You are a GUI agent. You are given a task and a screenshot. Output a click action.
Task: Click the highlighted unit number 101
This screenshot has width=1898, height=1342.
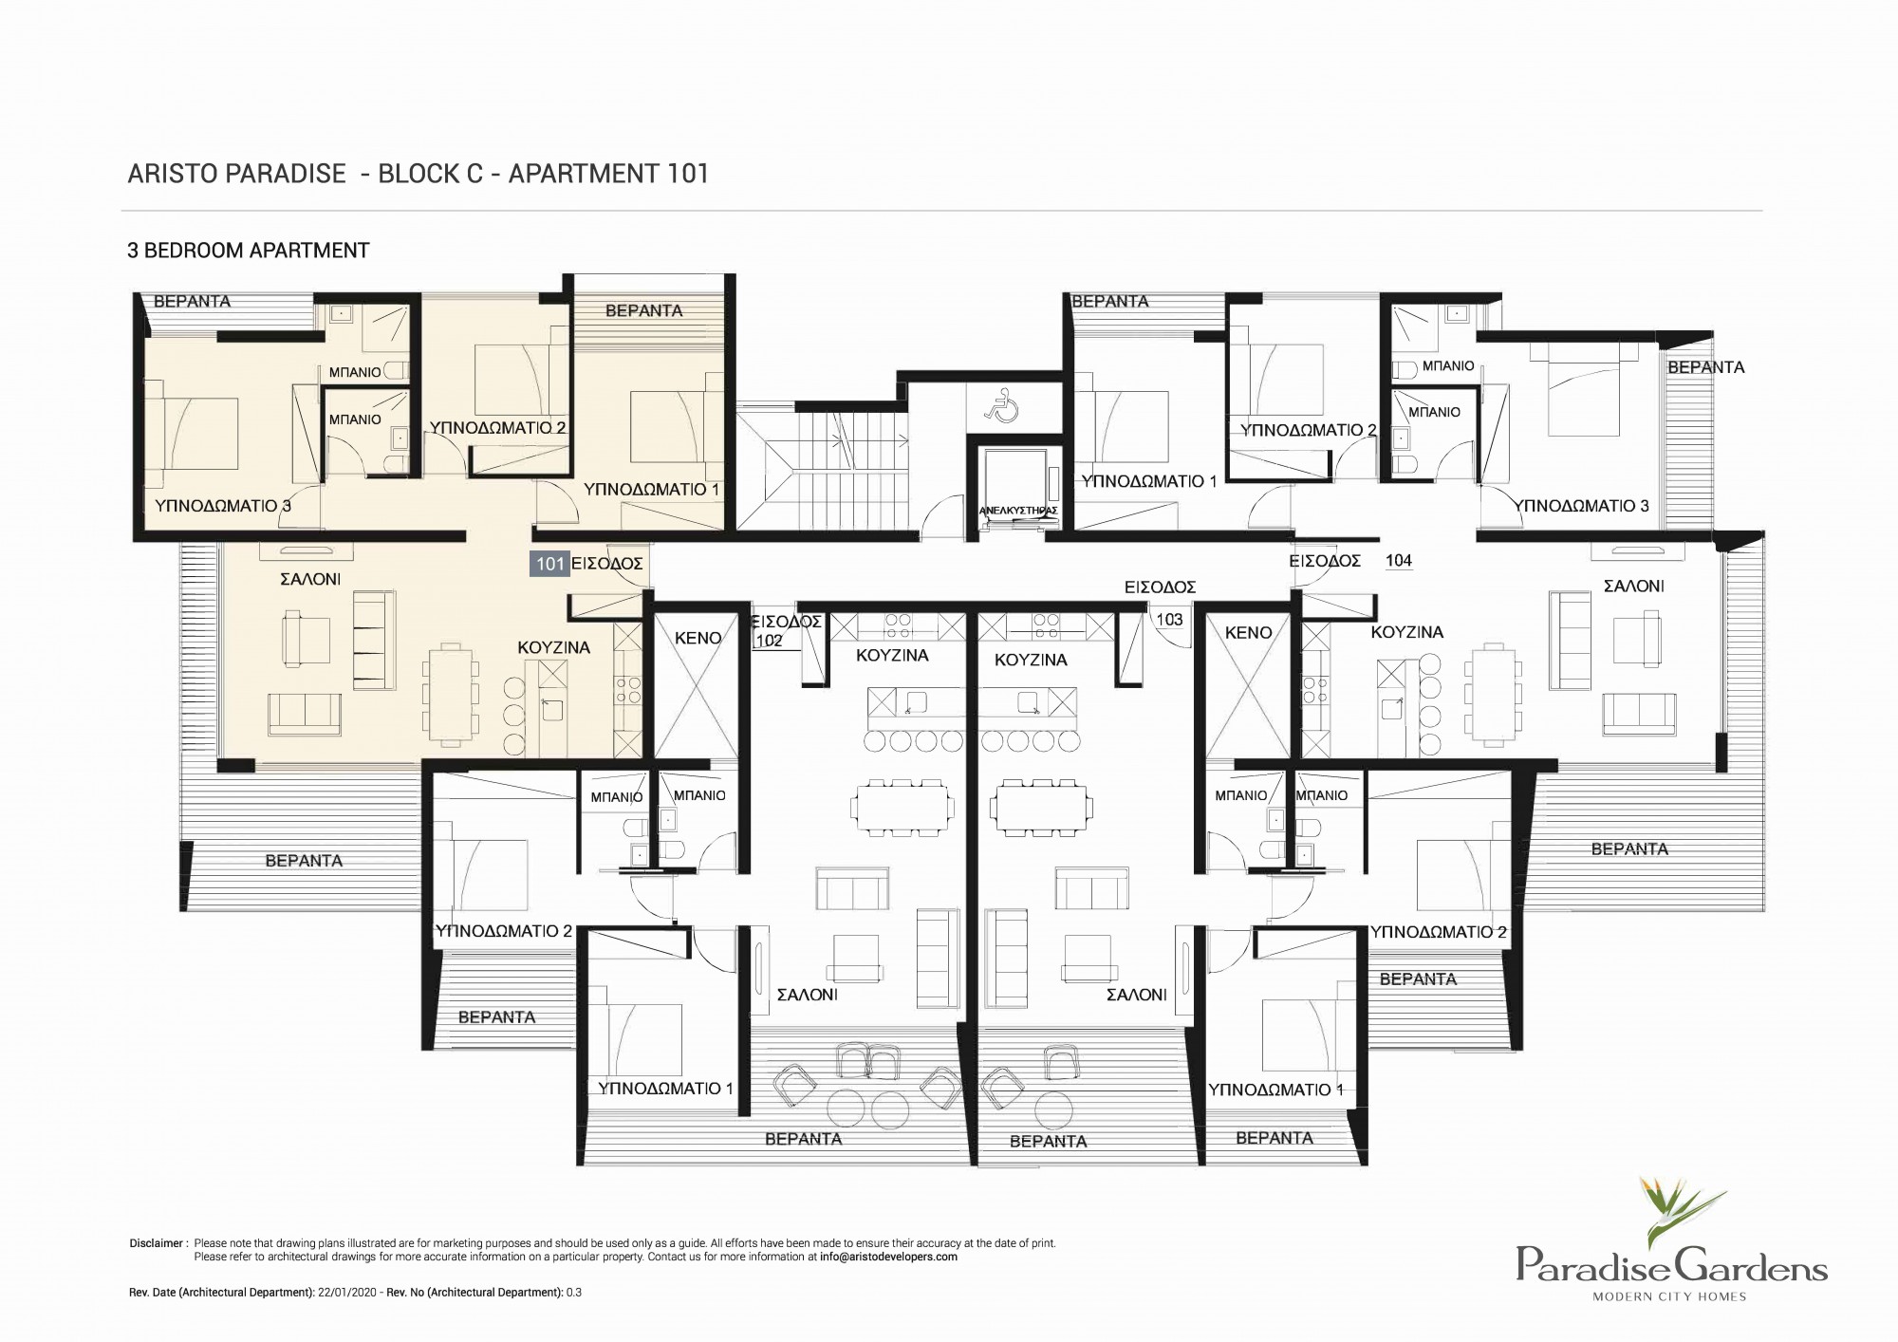550,564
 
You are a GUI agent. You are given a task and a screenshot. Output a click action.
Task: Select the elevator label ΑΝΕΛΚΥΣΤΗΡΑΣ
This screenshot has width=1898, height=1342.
1017,511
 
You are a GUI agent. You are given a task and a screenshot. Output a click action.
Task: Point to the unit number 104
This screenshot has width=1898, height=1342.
1399,561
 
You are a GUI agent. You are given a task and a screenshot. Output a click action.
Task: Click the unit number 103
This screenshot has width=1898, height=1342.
1169,620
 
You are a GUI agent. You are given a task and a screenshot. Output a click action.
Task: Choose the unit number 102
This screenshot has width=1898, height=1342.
770,641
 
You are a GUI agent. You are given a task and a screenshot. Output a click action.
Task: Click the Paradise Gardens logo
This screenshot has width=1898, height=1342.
1671,1239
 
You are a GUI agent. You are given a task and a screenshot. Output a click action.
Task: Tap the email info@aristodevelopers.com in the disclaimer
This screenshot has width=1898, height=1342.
889,1257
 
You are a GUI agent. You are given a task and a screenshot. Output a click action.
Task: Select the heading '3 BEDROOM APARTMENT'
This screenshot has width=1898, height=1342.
249,251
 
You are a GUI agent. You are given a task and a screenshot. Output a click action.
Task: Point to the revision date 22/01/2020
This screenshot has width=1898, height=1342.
355,1293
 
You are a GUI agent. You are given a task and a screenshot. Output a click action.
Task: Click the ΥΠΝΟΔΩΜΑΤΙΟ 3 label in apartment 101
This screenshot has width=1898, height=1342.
223,506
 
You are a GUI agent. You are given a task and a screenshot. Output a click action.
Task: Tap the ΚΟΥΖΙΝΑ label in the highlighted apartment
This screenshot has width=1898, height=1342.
553,647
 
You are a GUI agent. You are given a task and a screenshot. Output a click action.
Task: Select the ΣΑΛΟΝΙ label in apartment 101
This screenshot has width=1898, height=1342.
310,579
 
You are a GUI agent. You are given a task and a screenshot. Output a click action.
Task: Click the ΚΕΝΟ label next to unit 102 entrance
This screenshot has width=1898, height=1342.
698,639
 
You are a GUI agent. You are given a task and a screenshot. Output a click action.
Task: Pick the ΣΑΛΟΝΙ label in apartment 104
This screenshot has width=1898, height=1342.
1634,587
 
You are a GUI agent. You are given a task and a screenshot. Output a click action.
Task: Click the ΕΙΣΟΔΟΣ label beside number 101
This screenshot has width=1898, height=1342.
607,564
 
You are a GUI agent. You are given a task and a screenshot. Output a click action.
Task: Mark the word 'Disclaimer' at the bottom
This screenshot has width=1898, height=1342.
158,1243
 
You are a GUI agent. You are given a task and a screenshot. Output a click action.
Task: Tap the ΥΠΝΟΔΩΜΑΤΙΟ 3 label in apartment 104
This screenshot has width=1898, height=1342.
1583,506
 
